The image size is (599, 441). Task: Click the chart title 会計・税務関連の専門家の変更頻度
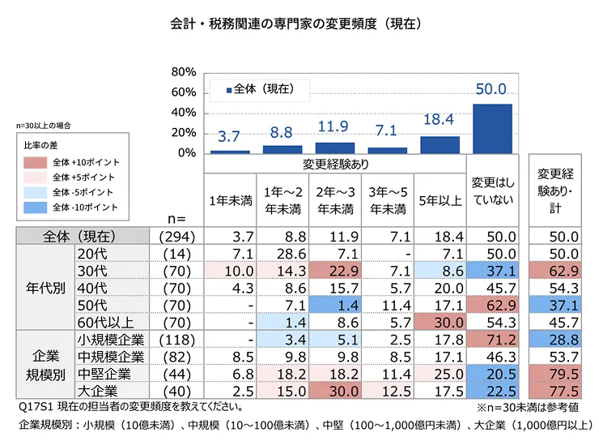[299, 24]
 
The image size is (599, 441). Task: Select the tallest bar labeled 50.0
[492, 128]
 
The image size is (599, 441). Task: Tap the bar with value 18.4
[440, 144]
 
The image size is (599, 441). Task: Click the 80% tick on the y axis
[185, 72]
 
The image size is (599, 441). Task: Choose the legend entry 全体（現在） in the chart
[259, 88]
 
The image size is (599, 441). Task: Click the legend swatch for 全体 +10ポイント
[36, 161]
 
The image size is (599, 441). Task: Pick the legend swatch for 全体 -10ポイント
[36, 208]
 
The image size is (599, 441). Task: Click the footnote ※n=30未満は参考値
[528, 407]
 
